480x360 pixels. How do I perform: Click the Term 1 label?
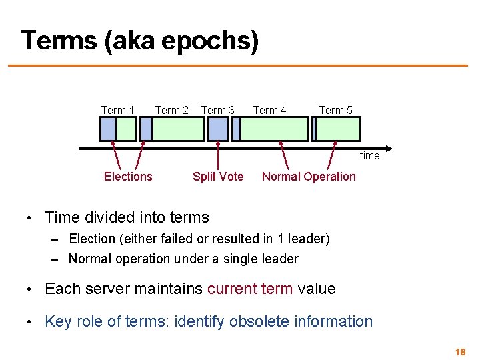coord(117,110)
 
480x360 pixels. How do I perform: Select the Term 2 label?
coord(171,110)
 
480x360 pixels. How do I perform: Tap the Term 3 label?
coord(217,110)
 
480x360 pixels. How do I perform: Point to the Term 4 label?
coord(269,110)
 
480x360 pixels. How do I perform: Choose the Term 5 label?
coord(335,110)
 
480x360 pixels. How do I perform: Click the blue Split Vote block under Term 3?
coord(218,129)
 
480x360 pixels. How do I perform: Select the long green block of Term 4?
coord(274,129)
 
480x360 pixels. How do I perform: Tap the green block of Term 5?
coord(338,129)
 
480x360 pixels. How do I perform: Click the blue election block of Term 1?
coord(108,129)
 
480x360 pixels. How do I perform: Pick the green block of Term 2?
coord(178,129)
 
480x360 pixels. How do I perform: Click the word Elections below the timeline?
coord(128,177)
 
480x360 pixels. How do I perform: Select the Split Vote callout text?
coord(218,177)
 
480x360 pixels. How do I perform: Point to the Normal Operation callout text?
coord(309,177)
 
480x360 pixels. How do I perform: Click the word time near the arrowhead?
coord(369,156)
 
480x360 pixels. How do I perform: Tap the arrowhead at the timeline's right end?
coord(388,148)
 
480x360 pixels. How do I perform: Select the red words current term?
coord(249,289)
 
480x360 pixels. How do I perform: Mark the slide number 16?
coord(460,351)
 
